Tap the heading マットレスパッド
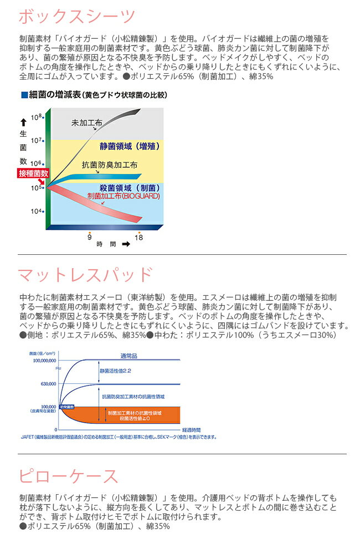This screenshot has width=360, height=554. click(85, 275)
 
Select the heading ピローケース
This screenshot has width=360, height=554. click(69, 476)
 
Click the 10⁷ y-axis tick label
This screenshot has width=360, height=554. click(37, 141)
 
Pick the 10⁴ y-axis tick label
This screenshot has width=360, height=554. click(37, 211)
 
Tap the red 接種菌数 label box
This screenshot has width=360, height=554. click(33, 173)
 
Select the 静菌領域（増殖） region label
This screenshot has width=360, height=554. click(129, 146)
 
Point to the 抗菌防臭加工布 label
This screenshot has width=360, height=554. click(110, 165)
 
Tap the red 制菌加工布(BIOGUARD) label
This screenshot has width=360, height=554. click(124, 196)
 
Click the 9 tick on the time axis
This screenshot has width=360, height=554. click(89, 237)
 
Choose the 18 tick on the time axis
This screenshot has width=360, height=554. click(139, 237)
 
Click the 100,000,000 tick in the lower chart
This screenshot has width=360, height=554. click(40, 360)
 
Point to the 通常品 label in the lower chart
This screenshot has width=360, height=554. click(128, 356)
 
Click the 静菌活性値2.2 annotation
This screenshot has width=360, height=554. click(116, 371)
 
